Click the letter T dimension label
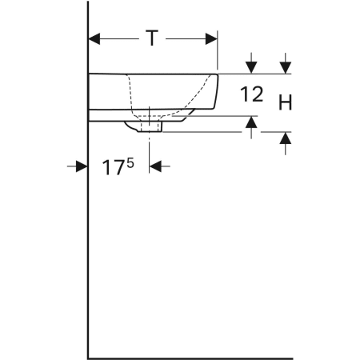point(151,37)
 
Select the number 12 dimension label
point(251,95)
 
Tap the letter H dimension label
point(285,102)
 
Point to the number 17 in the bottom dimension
point(114,168)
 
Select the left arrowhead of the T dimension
point(93,37)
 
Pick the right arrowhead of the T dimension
point(211,37)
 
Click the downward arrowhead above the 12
point(251,67)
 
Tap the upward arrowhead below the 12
point(251,122)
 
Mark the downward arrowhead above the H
point(285,67)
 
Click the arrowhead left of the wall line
point(82,166)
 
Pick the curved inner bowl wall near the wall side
point(130,92)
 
